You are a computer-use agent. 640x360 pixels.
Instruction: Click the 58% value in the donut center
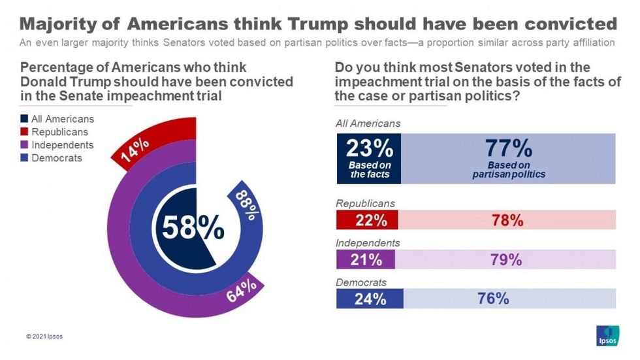coord(193,229)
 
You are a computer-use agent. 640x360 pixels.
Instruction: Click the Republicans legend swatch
coord(25,132)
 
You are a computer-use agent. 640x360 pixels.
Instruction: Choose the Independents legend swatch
coord(25,145)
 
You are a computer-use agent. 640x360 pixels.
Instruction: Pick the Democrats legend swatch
coord(25,158)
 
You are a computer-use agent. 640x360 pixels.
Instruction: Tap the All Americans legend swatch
coord(25,119)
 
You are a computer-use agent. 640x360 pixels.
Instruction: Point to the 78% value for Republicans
coord(507,220)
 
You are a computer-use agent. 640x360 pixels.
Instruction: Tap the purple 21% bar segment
coord(366,259)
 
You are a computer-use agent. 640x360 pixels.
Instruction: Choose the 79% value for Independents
coord(505,259)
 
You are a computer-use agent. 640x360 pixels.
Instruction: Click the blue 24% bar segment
coord(370,299)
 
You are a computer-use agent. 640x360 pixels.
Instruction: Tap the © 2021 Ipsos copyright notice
coord(45,337)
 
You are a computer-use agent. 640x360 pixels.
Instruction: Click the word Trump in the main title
coord(319,24)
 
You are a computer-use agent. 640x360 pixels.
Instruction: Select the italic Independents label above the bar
coord(368,243)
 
